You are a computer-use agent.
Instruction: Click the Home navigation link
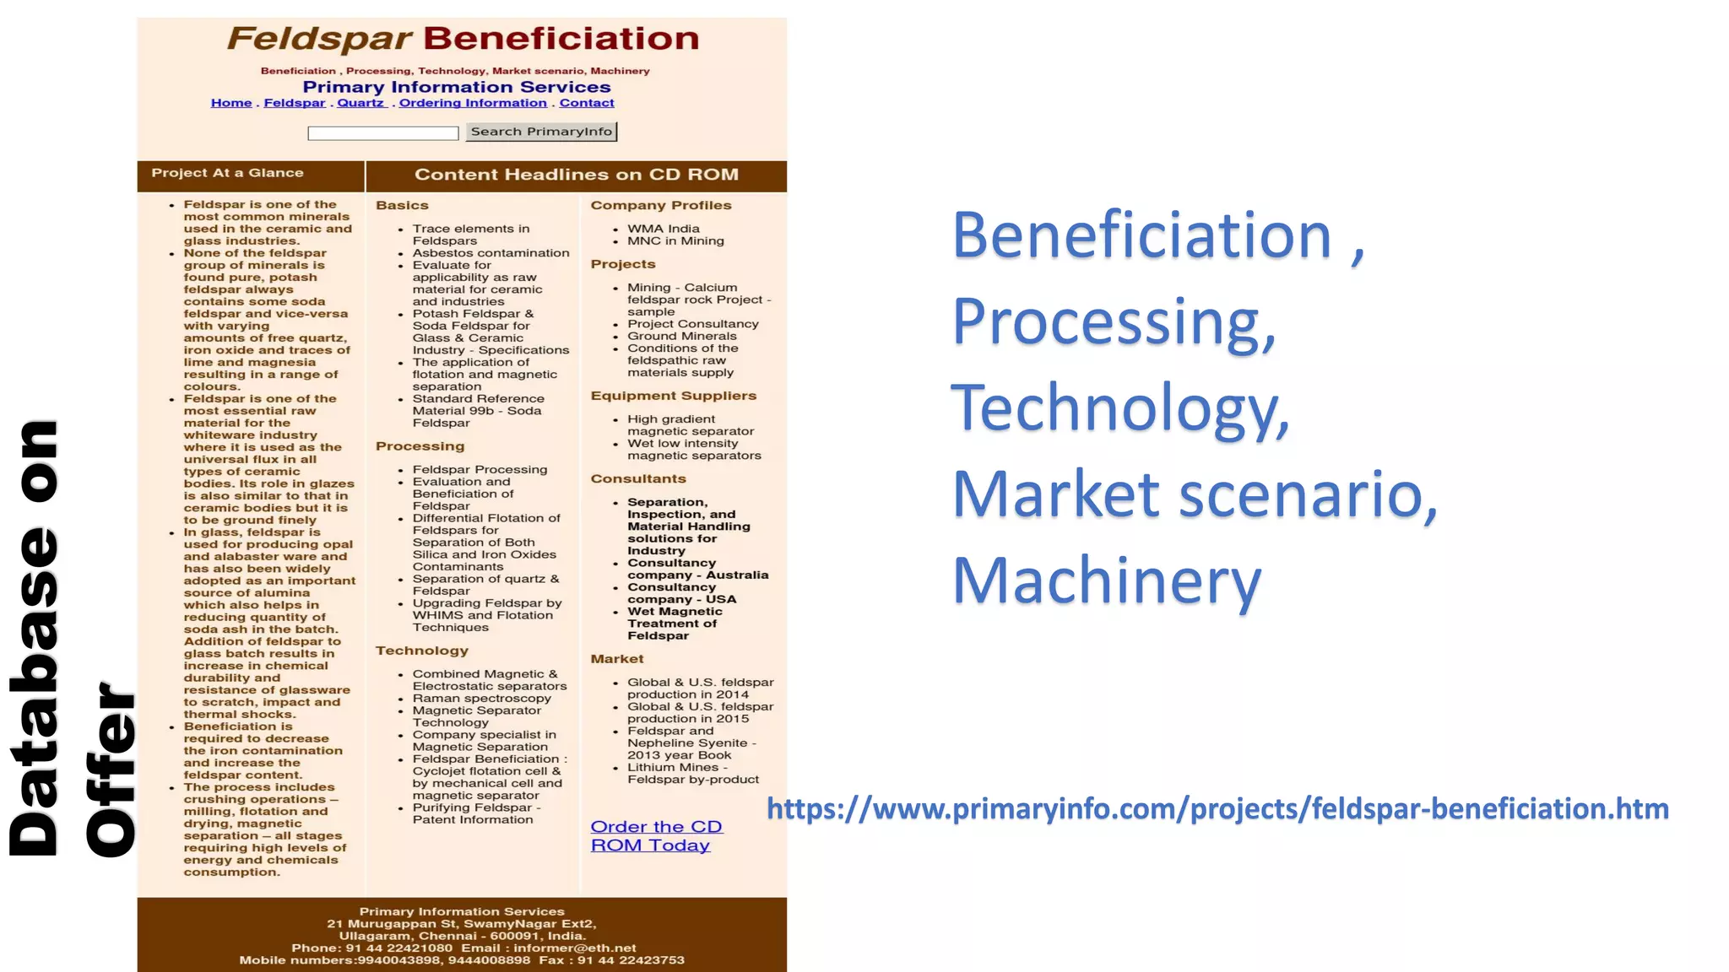click(x=231, y=103)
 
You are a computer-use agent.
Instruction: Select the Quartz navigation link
click(x=360, y=103)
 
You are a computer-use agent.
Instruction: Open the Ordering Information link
click(x=473, y=103)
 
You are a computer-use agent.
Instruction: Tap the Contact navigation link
click(x=587, y=103)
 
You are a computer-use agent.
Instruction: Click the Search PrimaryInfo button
click(x=541, y=132)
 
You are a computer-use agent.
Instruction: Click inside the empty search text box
click(x=382, y=133)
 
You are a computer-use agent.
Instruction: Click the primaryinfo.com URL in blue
click(x=1217, y=809)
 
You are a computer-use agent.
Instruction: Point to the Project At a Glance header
click(x=227, y=173)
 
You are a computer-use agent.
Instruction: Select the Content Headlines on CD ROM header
click(x=577, y=175)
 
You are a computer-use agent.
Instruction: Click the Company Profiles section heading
click(x=661, y=206)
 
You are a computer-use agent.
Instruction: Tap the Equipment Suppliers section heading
click(x=673, y=396)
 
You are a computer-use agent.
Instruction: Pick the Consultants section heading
click(x=638, y=479)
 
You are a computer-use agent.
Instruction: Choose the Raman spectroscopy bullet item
click(x=481, y=699)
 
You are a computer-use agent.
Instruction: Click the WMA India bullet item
click(x=663, y=229)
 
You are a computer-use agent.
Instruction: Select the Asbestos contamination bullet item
click(x=491, y=253)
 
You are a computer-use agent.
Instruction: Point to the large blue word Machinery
click(x=1107, y=581)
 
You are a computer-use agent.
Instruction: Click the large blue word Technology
click(x=1119, y=409)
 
